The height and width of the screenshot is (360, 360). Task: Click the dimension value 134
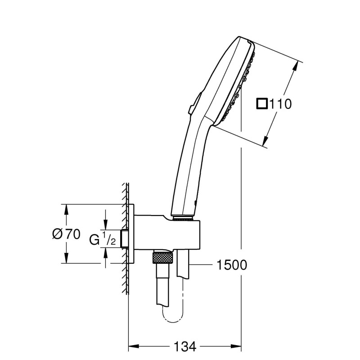click(185, 347)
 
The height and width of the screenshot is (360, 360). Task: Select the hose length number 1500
click(232, 265)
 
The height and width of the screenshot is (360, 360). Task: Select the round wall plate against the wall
click(131, 234)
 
